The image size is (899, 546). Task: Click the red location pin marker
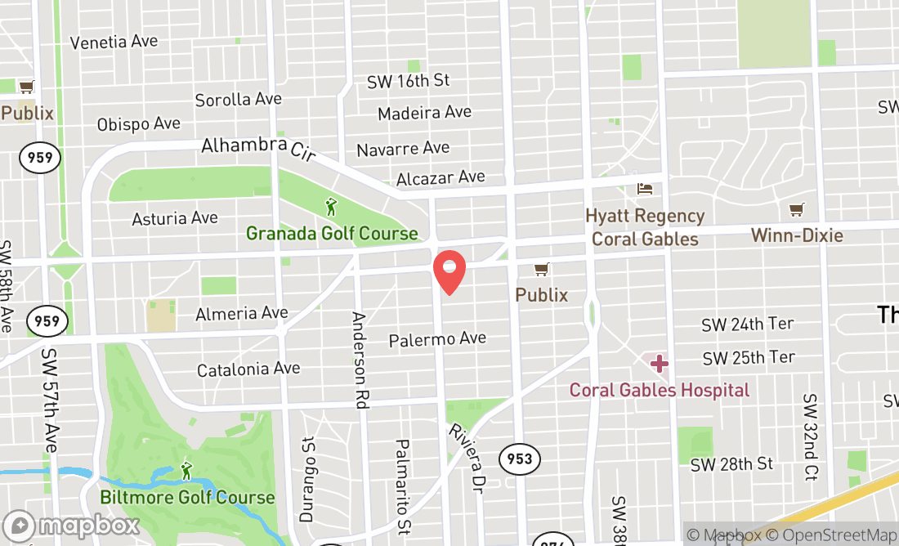point(449,272)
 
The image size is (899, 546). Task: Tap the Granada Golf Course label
point(332,234)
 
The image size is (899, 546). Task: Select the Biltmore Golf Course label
point(187,497)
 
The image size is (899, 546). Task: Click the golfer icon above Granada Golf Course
point(331,207)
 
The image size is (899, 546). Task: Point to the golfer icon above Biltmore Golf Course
point(187,471)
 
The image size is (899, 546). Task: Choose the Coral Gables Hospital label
point(659,390)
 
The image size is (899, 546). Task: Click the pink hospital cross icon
point(659,363)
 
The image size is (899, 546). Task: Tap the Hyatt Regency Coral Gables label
point(645,227)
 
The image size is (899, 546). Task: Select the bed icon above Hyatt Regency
point(645,189)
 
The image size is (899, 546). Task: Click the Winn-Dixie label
point(796,236)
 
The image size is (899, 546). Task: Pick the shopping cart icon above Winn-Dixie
point(796,210)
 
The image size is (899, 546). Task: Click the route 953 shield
point(519,459)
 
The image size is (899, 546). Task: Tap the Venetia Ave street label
point(114,42)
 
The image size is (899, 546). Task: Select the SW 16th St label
point(408,81)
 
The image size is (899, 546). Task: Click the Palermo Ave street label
point(437,338)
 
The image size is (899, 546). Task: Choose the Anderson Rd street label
point(359,360)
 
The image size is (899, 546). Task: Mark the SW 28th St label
point(731,464)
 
